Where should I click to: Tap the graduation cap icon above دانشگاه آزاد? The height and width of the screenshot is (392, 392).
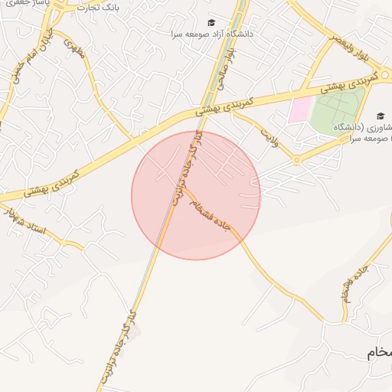(x=211, y=22)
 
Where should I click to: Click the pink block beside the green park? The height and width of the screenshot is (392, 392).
(x=300, y=109)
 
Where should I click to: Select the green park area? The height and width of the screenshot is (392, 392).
(x=338, y=112)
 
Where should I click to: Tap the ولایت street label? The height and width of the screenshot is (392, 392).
(x=268, y=139)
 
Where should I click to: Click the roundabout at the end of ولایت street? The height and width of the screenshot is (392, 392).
(x=296, y=160)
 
